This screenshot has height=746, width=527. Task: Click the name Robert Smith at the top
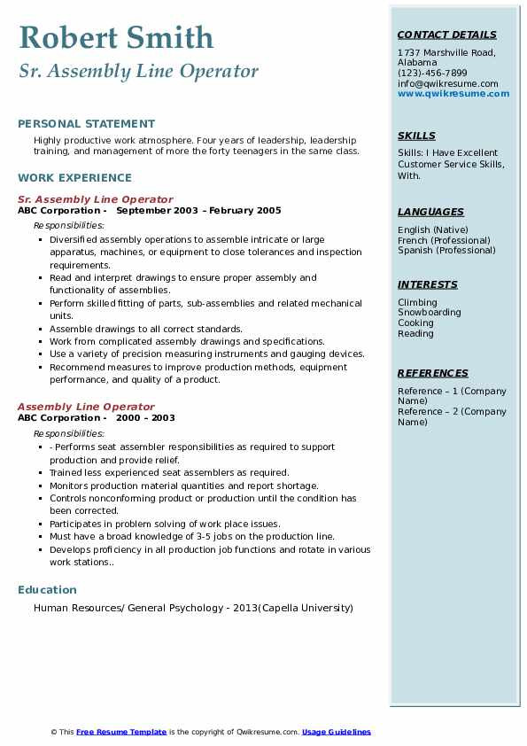tap(116, 37)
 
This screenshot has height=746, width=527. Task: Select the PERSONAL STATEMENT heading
tap(86, 124)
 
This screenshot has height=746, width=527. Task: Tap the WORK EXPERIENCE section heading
tap(74, 178)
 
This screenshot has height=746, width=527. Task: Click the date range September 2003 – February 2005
tap(198, 211)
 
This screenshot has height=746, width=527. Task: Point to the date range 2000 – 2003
tap(145, 418)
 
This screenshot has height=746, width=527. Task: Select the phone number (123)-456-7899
tap(432, 74)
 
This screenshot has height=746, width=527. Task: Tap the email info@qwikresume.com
tap(447, 83)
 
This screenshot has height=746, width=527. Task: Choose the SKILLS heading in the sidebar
tap(416, 136)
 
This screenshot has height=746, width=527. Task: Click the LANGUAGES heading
tap(430, 213)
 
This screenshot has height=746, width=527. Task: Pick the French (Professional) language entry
tap(444, 240)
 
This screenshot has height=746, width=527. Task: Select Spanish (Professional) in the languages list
tap(446, 251)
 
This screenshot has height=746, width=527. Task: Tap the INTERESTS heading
tap(428, 285)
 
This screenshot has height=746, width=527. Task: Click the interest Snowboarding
tap(429, 313)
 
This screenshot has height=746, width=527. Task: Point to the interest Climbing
tap(417, 302)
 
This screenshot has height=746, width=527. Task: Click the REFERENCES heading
tap(433, 374)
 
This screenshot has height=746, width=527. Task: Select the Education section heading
tap(47, 590)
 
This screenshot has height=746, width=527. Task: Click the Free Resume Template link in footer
tap(121, 732)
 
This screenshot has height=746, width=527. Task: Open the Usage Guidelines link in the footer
tap(337, 732)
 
